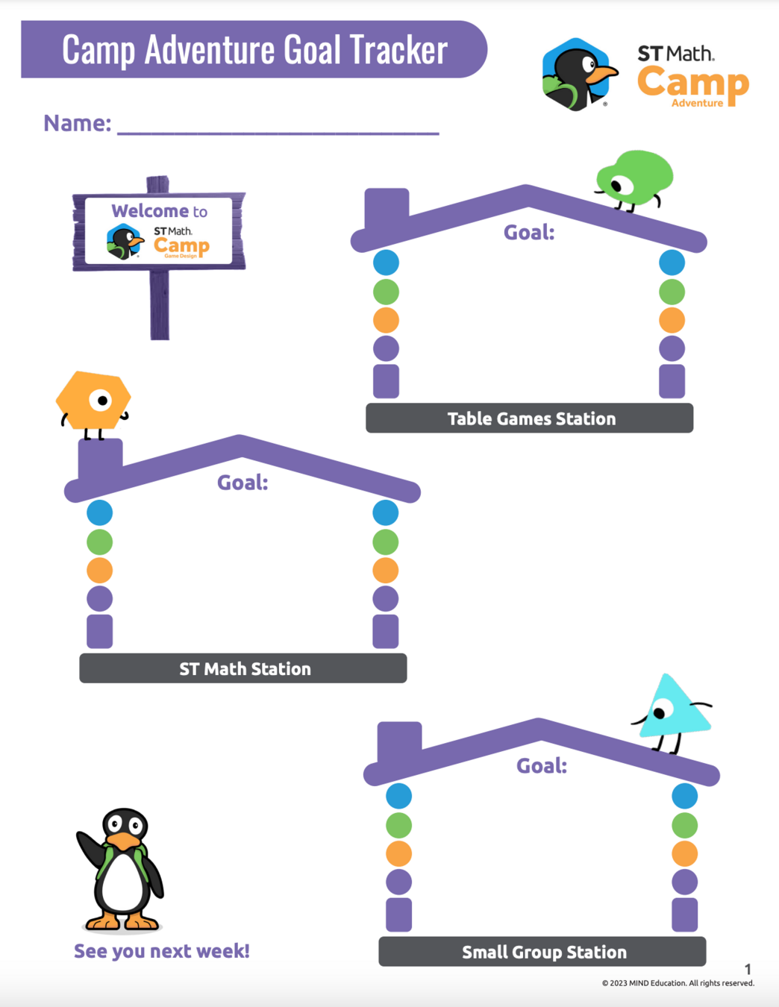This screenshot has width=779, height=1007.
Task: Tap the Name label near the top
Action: pyautogui.click(x=77, y=123)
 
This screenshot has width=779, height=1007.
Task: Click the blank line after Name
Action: pyautogui.click(x=278, y=128)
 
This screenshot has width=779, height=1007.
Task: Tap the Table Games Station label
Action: pyautogui.click(x=531, y=418)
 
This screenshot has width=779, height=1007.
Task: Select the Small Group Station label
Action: pyautogui.click(x=543, y=952)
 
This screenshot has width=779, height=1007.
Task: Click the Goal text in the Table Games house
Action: pyautogui.click(x=529, y=233)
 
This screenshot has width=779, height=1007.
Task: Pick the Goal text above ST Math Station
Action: pyautogui.click(x=243, y=483)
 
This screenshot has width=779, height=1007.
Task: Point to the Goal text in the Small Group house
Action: pyautogui.click(x=542, y=766)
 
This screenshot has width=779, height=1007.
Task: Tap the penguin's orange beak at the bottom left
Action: pyautogui.click(x=124, y=841)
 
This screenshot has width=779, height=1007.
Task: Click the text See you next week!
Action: pyautogui.click(x=161, y=951)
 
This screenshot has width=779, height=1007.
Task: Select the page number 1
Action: pyautogui.click(x=748, y=969)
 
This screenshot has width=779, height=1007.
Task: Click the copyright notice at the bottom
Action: pyautogui.click(x=678, y=983)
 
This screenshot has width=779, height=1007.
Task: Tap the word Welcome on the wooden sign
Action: pyautogui.click(x=150, y=211)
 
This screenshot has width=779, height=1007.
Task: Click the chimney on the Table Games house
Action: pyautogui.click(x=387, y=208)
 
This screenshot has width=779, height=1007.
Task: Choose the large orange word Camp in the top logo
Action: pyautogui.click(x=692, y=84)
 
